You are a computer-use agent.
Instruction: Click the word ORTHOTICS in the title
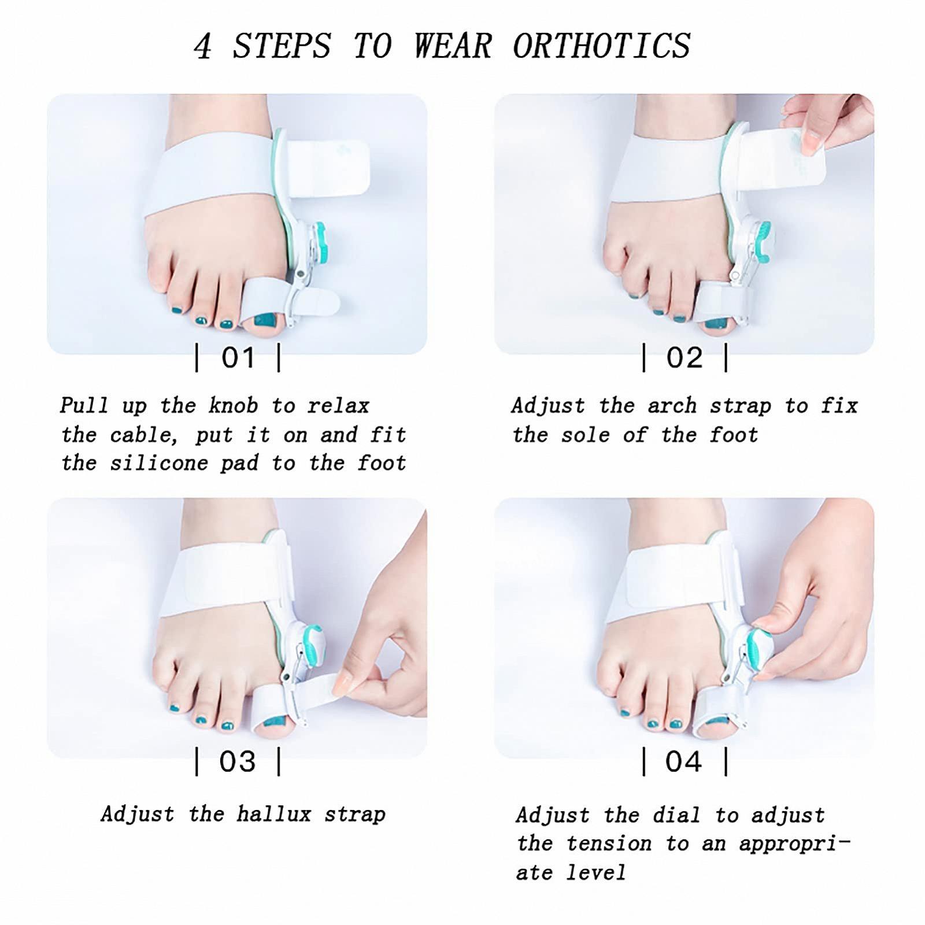(x=601, y=46)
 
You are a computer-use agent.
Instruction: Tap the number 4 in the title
(x=202, y=46)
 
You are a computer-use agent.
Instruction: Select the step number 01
(x=238, y=358)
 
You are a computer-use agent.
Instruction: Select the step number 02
(x=684, y=358)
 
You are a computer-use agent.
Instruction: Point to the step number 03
(x=238, y=761)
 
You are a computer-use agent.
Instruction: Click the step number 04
(x=684, y=761)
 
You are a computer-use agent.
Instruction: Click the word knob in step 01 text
(x=233, y=406)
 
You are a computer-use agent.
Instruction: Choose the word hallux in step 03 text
(x=274, y=815)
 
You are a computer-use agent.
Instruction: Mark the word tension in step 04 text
(x=609, y=844)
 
